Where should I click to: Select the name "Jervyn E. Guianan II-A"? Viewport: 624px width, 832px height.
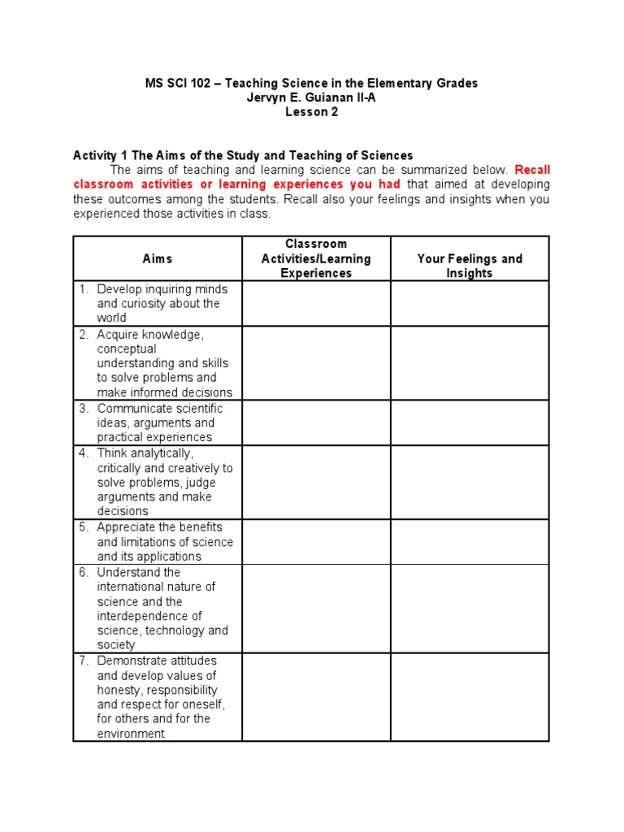tap(311, 97)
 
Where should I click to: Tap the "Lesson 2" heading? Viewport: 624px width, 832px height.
tap(311, 112)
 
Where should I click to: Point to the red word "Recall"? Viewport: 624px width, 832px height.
tap(532, 170)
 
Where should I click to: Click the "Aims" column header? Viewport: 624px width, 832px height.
tap(158, 258)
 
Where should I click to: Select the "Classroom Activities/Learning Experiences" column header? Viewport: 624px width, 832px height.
tap(316, 258)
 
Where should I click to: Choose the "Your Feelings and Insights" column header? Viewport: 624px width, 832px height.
tap(470, 266)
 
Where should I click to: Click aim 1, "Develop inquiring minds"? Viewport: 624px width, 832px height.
tap(162, 289)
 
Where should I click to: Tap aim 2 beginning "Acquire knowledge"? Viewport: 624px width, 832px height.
tap(151, 335)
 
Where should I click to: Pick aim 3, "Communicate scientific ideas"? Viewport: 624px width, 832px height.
tap(159, 409)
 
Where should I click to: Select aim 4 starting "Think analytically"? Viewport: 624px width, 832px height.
tap(145, 453)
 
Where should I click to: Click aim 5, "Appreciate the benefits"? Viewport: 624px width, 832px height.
tap(159, 526)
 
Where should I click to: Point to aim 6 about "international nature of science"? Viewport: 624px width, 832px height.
tap(156, 587)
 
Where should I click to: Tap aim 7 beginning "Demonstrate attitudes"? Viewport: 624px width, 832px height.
tap(157, 661)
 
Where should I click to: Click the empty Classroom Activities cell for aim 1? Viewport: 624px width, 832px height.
tap(316, 304)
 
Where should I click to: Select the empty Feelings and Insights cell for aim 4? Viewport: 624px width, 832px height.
tap(470, 482)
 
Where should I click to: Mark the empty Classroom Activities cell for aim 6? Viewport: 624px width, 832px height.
tap(316, 609)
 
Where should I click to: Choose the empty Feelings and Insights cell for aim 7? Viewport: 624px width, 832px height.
tap(470, 697)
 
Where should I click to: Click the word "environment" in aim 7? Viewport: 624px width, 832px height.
tap(131, 734)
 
